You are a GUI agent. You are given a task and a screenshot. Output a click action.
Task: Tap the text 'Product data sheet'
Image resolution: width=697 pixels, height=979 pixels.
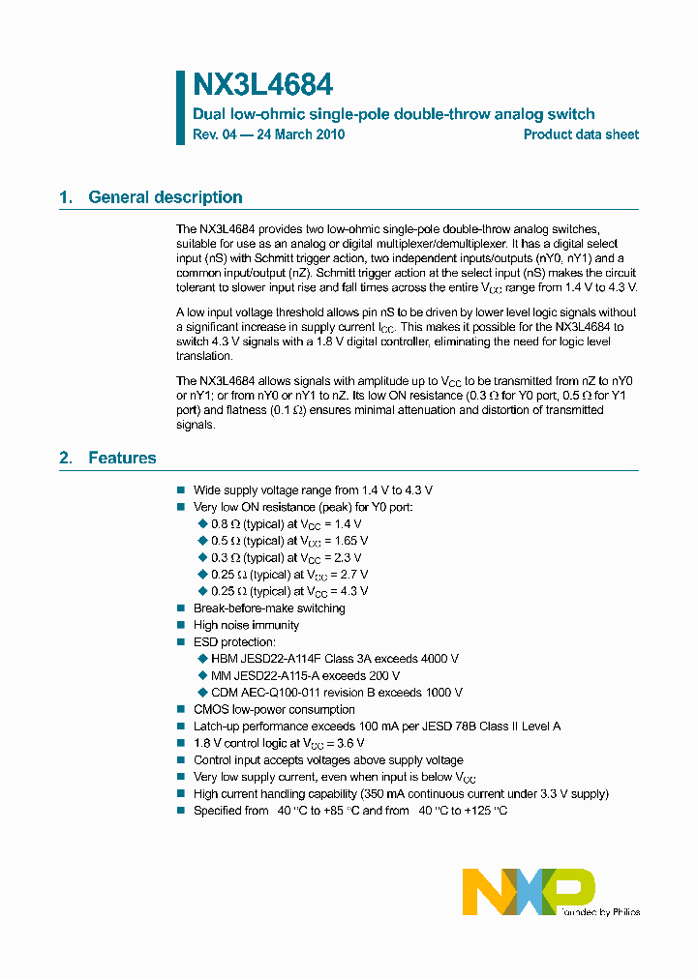click(581, 134)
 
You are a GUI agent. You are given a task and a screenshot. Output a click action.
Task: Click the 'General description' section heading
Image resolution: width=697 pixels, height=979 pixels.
click(165, 197)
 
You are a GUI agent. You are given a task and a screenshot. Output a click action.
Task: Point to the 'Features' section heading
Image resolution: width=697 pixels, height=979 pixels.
click(122, 458)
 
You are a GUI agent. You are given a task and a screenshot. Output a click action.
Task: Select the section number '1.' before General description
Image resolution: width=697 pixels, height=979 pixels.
click(66, 197)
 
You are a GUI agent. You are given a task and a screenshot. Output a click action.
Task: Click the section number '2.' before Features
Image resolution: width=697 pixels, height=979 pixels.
click(66, 458)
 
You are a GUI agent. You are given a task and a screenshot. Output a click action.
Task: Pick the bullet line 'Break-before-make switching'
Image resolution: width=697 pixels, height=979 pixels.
click(269, 608)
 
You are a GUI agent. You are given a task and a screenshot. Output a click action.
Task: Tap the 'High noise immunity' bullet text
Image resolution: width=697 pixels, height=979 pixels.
click(246, 625)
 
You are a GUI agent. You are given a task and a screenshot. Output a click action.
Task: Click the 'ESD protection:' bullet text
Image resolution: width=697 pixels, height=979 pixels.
click(234, 642)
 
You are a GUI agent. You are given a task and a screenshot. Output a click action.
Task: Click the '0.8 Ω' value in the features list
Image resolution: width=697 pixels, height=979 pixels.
click(225, 523)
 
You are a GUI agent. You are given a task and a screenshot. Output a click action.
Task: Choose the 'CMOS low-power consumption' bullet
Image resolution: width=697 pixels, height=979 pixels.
click(274, 709)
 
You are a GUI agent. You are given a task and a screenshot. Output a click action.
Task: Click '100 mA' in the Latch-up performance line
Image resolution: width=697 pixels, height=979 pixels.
click(378, 727)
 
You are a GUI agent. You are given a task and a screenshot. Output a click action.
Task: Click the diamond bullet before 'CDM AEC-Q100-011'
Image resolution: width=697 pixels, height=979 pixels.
click(202, 693)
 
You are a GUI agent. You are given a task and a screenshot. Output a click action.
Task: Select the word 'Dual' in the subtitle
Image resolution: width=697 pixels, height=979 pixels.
click(210, 114)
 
